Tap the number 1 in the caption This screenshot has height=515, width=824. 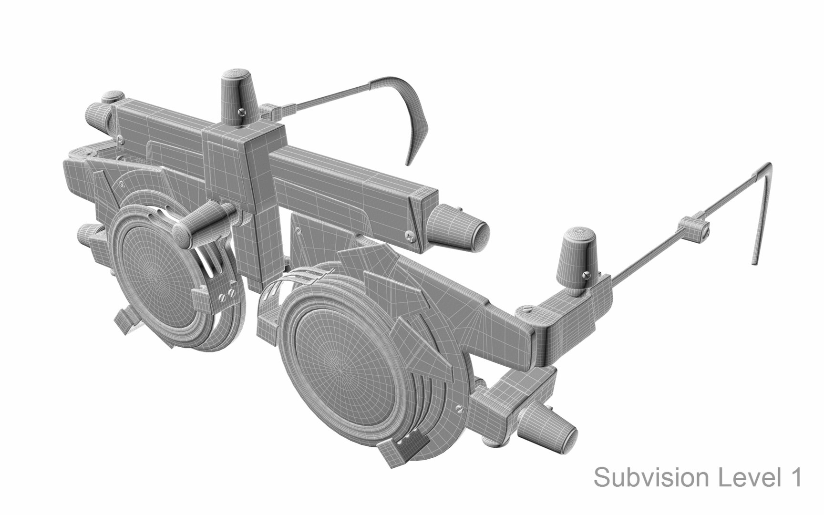pos(793,478)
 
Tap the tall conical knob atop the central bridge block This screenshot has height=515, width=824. pos(239,98)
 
